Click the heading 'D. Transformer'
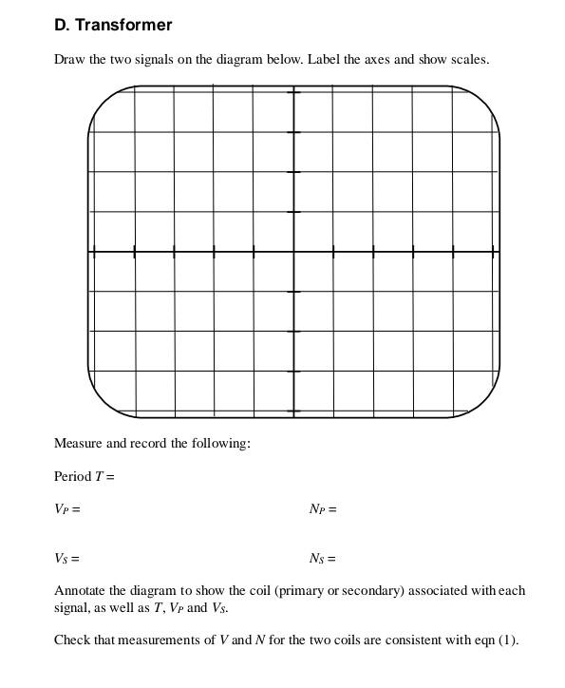point(113,25)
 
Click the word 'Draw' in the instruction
point(69,59)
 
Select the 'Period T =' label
point(84,476)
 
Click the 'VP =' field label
point(66,508)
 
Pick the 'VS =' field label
point(66,559)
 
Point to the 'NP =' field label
point(323,508)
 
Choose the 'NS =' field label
point(323,559)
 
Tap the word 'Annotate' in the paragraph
point(81,590)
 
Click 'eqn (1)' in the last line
point(496,640)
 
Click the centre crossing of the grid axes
point(293,252)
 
